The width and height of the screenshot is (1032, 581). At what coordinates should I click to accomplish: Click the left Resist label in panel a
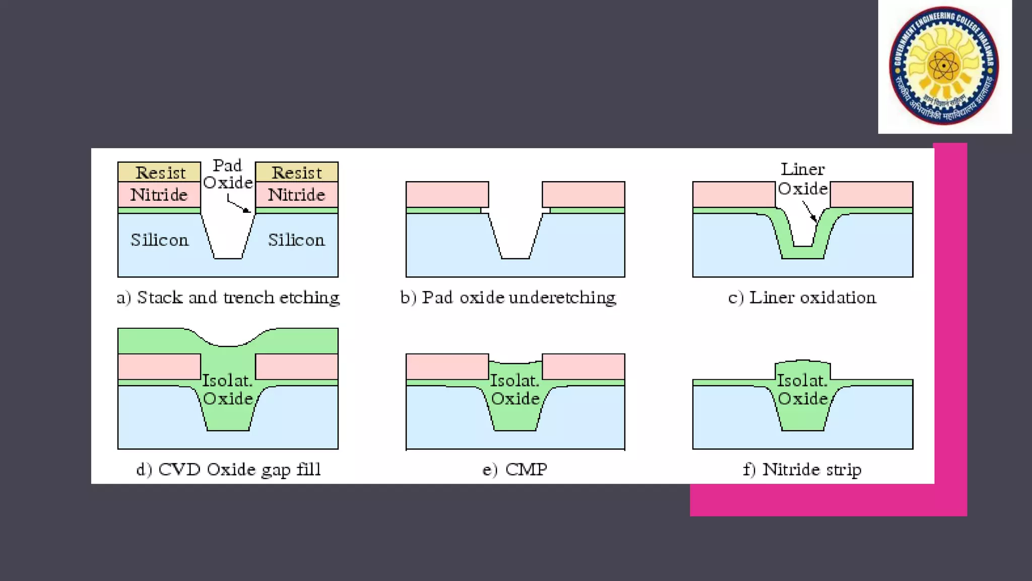(160, 173)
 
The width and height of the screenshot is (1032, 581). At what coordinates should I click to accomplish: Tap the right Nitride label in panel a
(296, 195)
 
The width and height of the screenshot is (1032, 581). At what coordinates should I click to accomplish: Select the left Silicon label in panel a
(160, 240)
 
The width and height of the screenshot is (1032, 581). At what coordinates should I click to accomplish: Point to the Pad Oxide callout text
(228, 174)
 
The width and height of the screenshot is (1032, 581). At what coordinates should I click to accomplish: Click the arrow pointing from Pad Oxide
(238, 205)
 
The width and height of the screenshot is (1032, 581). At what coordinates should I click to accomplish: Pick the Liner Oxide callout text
(803, 179)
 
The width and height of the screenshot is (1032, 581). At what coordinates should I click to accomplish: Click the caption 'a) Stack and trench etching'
(228, 298)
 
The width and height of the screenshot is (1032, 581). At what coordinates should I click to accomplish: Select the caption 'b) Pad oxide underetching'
(508, 298)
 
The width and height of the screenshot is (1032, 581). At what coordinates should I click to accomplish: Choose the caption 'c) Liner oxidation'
(802, 298)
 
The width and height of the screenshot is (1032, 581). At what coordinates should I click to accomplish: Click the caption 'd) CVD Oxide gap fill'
(228, 470)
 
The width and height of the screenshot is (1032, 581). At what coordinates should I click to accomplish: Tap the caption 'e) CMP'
(514, 470)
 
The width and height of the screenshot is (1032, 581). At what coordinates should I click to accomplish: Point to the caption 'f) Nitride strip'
(802, 470)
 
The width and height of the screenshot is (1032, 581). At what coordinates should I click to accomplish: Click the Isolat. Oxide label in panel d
(228, 390)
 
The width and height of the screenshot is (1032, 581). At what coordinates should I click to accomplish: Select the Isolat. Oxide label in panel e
(515, 390)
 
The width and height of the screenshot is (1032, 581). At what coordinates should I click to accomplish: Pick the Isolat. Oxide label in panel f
(803, 390)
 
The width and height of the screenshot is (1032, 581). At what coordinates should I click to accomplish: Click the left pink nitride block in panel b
(447, 195)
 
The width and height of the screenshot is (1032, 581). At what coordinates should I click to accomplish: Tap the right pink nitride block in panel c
(871, 195)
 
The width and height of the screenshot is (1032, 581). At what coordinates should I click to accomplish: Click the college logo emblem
(944, 66)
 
